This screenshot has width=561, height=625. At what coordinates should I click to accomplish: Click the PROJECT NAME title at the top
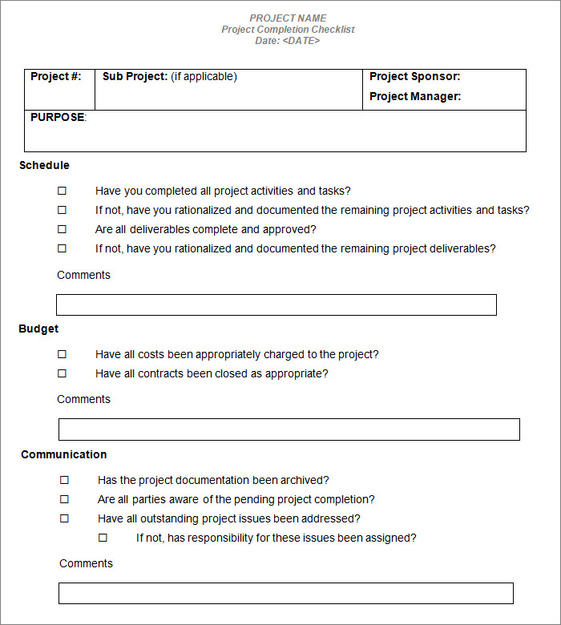pyautogui.click(x=288, y=18)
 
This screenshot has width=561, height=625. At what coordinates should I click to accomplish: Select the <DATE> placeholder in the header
pyautogui.click(x=301, y=41)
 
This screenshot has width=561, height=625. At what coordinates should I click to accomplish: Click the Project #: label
pyautogui.click(x=56, y=77)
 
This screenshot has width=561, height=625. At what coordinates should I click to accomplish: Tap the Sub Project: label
pyautogui.click(x=135, y=77)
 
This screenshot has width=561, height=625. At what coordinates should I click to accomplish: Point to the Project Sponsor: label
pyautogui.click(x=414, y=77)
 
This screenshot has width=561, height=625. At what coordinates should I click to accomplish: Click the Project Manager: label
pyautogui.click(x=415, y=97)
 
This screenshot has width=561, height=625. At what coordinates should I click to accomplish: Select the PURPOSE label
pyautogui.click(x=57, y=118)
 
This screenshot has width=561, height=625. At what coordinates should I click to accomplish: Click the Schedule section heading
pyautogui.click(x=44, y=166)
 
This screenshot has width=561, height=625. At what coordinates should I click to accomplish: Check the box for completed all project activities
pyautogui.click(x=62, y=192)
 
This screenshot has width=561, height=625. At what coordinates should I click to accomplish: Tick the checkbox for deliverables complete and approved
pyautogui.click(x=62, y=230)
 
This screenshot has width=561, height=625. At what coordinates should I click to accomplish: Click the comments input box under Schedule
pyautogui.click(x=276, y=305)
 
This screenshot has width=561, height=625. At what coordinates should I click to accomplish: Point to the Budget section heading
pyautogui.click(x=38, y=329)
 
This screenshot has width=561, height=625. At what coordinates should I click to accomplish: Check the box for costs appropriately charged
pyautogui.click(x=62, y=354)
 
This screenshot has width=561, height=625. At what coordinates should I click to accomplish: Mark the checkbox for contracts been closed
pyautogui.click(x=62, y=373)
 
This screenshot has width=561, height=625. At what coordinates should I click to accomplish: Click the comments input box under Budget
pyautogui.click(x=289, y=429)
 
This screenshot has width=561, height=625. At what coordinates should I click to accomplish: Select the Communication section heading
pyautogui.click(x=63, y=455)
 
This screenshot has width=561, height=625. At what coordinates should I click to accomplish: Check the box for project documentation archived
pyautogui.click(x=64, y=481)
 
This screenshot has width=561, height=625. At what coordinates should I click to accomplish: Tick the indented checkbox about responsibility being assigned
pyautogui.click(x=103, y=538)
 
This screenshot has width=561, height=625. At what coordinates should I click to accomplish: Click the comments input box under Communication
pyautogui.click(x=286, y=594)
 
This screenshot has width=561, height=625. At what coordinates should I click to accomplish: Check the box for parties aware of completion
pyautogui.click(x=64, y=500)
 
